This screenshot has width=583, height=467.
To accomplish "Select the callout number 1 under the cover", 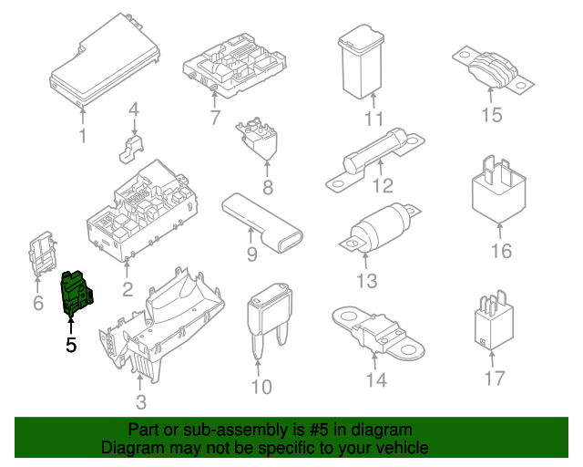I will coord(82,137).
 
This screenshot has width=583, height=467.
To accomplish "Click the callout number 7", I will coord(215,118).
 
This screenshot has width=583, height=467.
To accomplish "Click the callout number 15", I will coord(492,115).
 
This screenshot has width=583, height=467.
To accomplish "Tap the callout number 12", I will coord(383,187).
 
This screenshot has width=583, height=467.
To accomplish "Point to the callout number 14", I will coord(375,379).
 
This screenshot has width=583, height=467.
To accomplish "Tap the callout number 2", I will coord(127,290).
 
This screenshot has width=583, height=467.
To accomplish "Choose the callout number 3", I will coord(139,402).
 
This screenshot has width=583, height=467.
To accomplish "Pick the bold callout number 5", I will coord(71,345).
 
